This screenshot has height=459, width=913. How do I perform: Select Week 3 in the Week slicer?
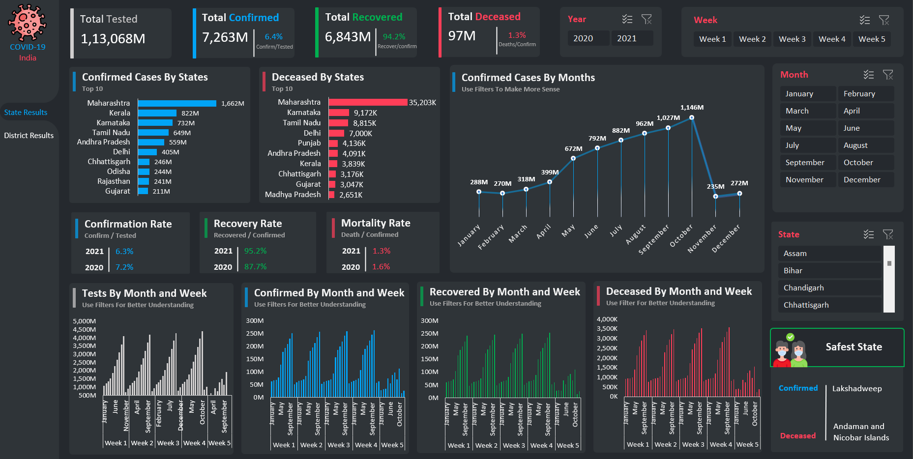point(792,39)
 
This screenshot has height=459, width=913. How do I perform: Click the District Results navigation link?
point(29,136)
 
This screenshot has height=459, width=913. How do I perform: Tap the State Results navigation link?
point(26,113)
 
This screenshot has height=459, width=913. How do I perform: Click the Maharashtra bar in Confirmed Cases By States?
point(177,103)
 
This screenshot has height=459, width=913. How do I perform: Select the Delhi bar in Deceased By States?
point(336,133)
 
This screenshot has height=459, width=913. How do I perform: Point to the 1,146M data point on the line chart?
point(691,117)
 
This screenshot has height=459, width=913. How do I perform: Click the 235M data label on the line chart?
point(715,187)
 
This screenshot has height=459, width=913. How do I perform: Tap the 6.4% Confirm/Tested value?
point(273,37)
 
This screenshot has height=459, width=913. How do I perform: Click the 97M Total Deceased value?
point(462,36)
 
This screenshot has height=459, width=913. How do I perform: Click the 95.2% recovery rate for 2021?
point(255,251)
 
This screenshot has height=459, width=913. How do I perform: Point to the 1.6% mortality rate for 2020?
point(381,267)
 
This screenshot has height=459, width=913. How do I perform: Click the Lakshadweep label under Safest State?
point(856,389)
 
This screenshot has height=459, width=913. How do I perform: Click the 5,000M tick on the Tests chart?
point(84,321)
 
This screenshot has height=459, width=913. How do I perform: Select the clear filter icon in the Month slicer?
point(887,75)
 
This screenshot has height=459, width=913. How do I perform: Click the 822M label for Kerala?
point(190,114)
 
